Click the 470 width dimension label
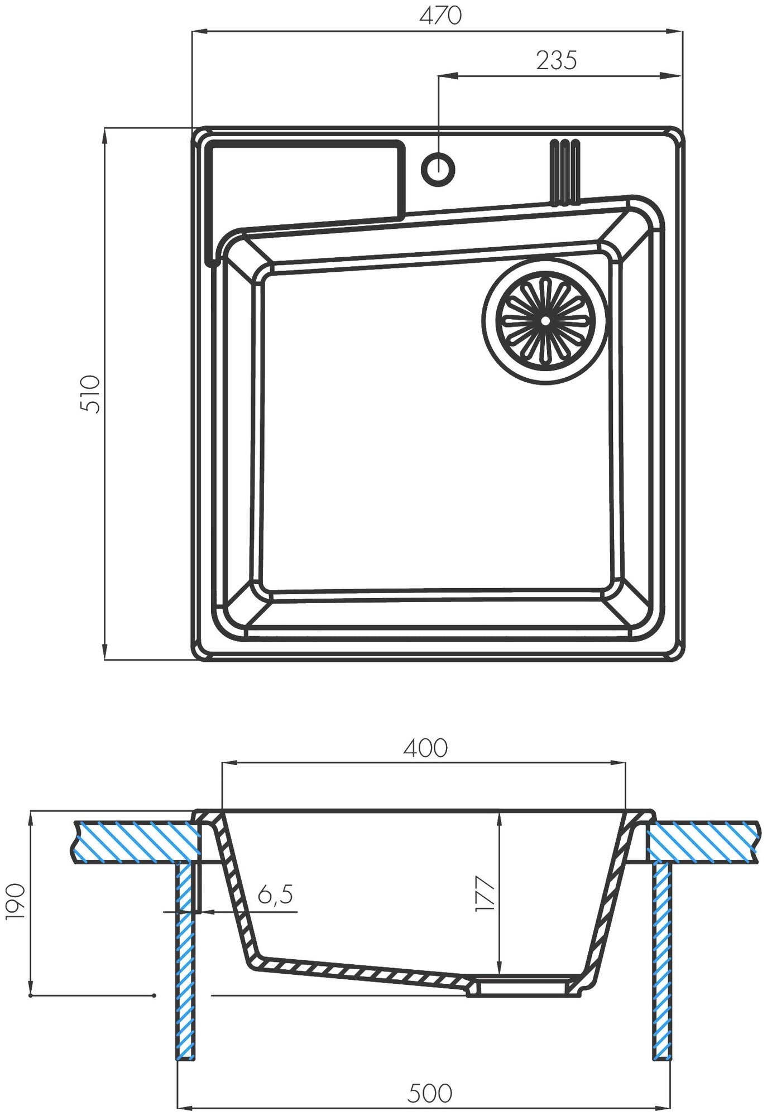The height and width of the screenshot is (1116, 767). click(x=440, y=16)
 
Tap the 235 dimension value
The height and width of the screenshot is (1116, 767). click(x=556, y=60)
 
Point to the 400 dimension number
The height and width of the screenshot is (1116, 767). click(x=425, y=748)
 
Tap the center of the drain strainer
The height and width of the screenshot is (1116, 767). click(x=544, y=321)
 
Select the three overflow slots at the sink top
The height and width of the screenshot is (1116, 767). click(x=565, y=172)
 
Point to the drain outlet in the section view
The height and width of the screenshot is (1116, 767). click(x=522, y=987)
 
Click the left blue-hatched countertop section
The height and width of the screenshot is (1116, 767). click(x=137, y=841)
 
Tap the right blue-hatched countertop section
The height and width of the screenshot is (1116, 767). click(x=703, y=841)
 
